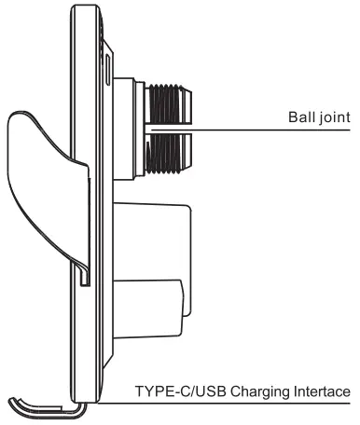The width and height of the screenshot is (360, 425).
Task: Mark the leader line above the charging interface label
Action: (x=233, y=404)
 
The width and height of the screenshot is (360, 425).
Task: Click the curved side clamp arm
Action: (x=37, y=177)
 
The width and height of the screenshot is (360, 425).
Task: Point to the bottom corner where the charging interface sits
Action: (x=90, y=401)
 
